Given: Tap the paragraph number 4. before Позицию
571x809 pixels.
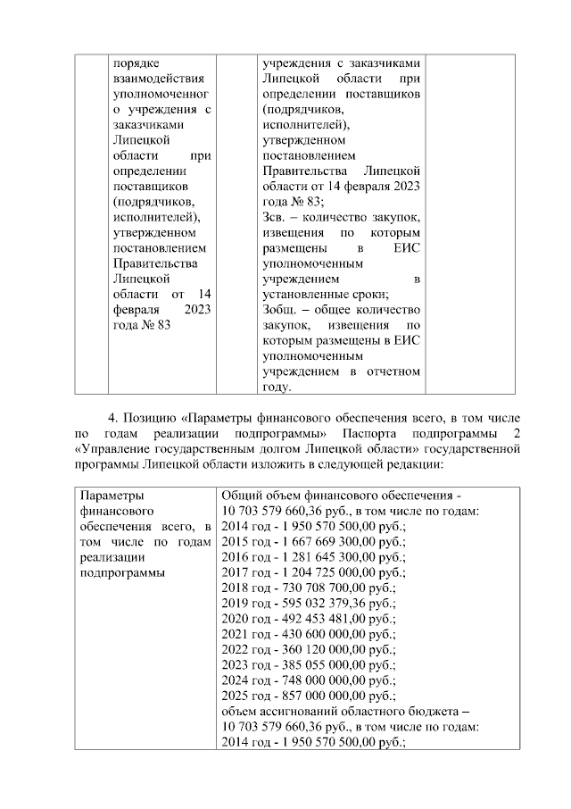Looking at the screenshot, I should click(x=112, y=418).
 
